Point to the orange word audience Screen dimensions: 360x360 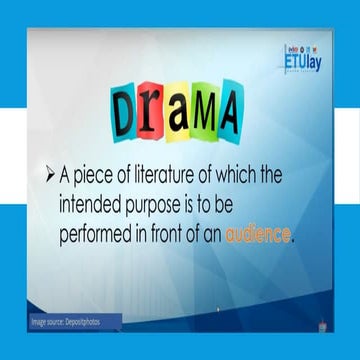click(256, 236)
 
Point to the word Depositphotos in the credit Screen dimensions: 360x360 click(96, 322)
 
